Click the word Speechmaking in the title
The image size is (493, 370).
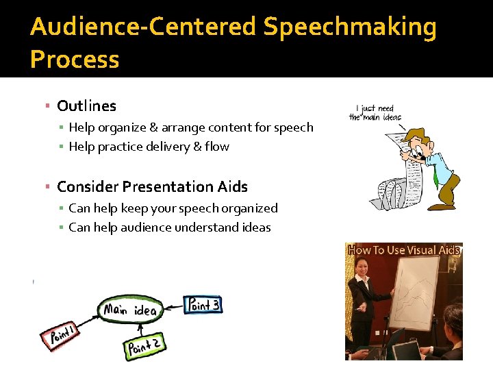click(350, 27)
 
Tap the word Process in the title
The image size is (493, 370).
click(75, 59)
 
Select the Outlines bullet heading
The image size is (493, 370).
click(86, 106)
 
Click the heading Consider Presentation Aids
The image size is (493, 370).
click(152, 186)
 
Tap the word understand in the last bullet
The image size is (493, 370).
click(206, 227)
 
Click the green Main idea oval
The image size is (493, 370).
click(131, 310)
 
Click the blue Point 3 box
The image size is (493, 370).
click(203, 305)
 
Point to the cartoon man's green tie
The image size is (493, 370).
click(435, 175)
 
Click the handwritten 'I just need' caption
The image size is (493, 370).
click(376, 109)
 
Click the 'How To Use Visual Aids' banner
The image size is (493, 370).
click(403, 250)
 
